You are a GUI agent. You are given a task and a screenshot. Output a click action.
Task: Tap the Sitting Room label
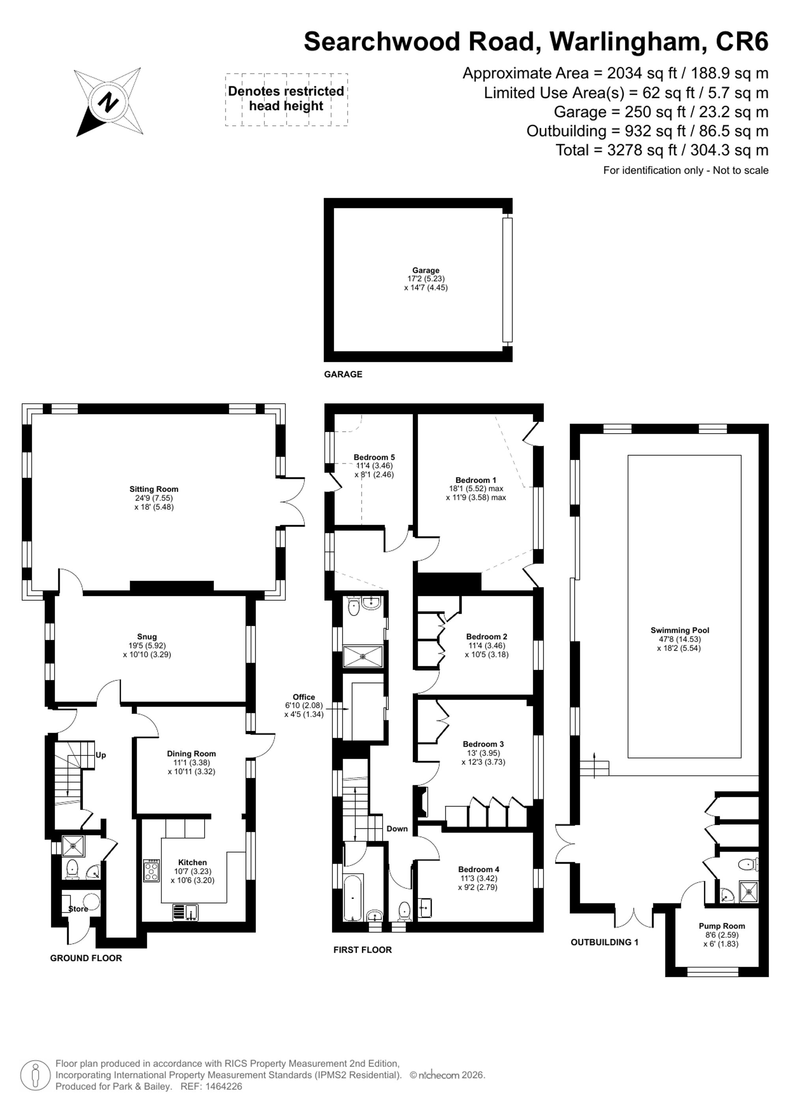click(154, 489)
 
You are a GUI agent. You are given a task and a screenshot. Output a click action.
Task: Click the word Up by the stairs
click(101, 755)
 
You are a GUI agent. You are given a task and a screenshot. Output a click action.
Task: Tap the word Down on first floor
click(397, 829)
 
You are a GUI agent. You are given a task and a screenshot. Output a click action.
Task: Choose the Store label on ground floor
click(78, 909)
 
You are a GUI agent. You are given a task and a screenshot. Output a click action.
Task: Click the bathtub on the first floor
click(352, 898)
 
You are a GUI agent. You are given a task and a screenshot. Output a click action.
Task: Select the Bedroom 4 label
click(479, 869)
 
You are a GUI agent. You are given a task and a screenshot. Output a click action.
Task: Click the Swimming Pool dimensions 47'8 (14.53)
click(680, 639)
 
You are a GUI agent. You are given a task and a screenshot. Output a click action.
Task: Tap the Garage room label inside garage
click(426, 270)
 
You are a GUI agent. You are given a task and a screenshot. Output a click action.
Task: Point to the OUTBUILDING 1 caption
click(604, 942)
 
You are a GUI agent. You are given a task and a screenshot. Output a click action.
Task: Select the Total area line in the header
click(662, 150)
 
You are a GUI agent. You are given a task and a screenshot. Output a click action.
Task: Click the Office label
click(304, 697)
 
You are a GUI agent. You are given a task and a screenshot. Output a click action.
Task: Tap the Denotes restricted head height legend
click(286, 99)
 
